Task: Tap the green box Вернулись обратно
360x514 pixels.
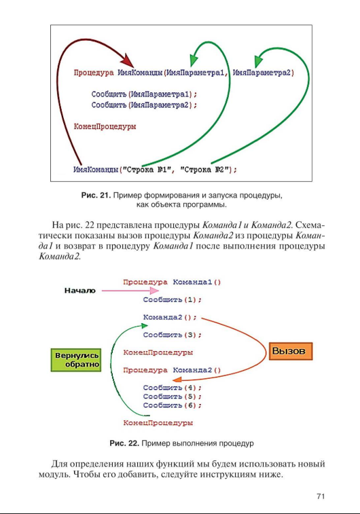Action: click(x=75, y=360)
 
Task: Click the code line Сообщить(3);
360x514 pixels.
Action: click(x=173, y=335)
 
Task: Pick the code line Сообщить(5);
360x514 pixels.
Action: click(x=173, y=396)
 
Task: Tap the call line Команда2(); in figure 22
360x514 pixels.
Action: click(x=170, y=316)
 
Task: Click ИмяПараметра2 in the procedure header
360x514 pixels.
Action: click(x=263, y=72)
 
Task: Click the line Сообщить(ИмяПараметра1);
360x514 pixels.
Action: click(x=144, y=94)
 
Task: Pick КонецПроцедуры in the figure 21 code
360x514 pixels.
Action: click(x=104, y=126)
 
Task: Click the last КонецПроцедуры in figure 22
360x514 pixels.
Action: click(x=158, y=422)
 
